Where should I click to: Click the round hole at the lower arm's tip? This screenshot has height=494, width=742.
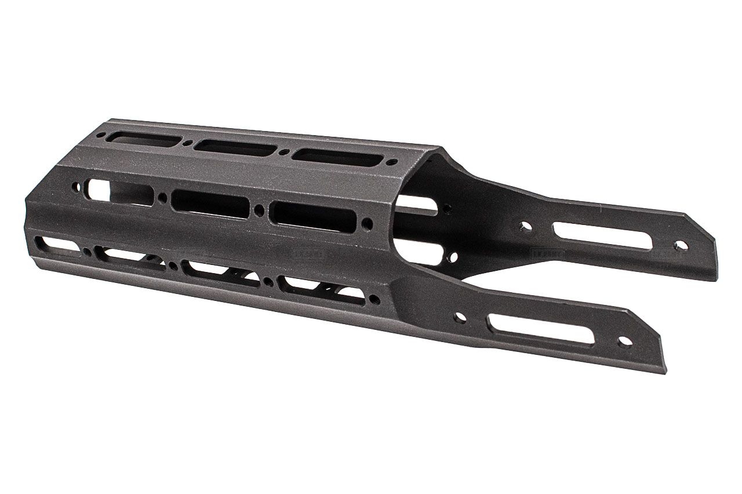coord(625,342)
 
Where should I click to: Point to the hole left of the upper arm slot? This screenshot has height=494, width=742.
coord(526,226)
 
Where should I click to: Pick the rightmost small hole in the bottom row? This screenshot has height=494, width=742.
coord(375,300)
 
